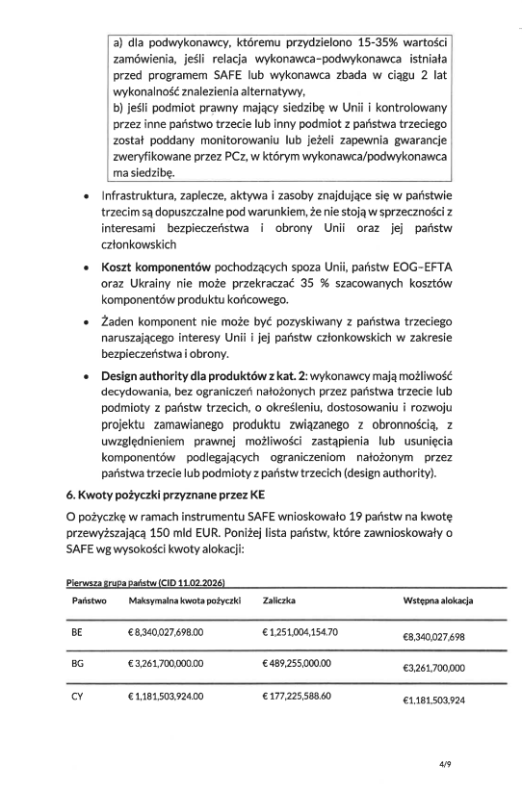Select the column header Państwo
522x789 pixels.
pyautogui.click(x=89, y=600)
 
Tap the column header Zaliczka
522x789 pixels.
pyautogui.click(x=278, y=600)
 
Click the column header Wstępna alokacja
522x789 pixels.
pyautogui.click(x=438, y=600)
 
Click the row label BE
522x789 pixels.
pyautogui.click(x=78, y=633)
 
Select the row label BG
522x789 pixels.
pyautogui.click(x=78, y=664)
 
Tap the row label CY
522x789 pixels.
pyautogui.click(x=78, y=696)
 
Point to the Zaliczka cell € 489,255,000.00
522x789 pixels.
pyautogui.click(x=296, y=664)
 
